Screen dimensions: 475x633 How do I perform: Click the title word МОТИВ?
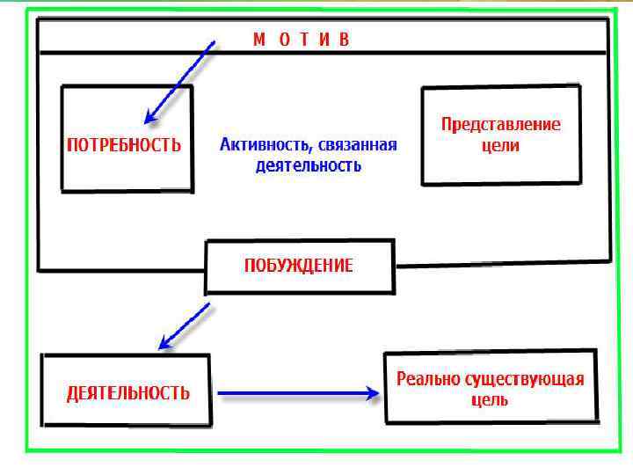302,40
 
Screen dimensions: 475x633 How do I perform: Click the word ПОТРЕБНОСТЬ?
125,144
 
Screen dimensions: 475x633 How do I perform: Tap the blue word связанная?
358,145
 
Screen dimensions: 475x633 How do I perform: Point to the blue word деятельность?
308,164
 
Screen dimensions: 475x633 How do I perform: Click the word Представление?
500,124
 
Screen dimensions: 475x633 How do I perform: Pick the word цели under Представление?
500,145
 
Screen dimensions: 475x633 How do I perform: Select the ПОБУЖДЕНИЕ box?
298,266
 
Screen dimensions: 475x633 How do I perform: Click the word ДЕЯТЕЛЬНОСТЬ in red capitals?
128,393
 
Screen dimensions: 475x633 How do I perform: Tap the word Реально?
425,379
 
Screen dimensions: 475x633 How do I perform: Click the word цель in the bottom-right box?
490,400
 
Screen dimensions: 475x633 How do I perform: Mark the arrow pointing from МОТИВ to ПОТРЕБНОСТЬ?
180,81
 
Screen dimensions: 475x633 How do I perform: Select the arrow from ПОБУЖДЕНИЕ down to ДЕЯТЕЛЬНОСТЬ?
184,325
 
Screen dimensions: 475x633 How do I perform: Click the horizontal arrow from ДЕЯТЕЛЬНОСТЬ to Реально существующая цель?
295,394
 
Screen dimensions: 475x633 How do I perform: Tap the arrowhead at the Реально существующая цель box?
371,394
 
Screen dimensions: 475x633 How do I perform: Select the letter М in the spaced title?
259,40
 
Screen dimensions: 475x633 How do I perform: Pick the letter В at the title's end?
345,40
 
